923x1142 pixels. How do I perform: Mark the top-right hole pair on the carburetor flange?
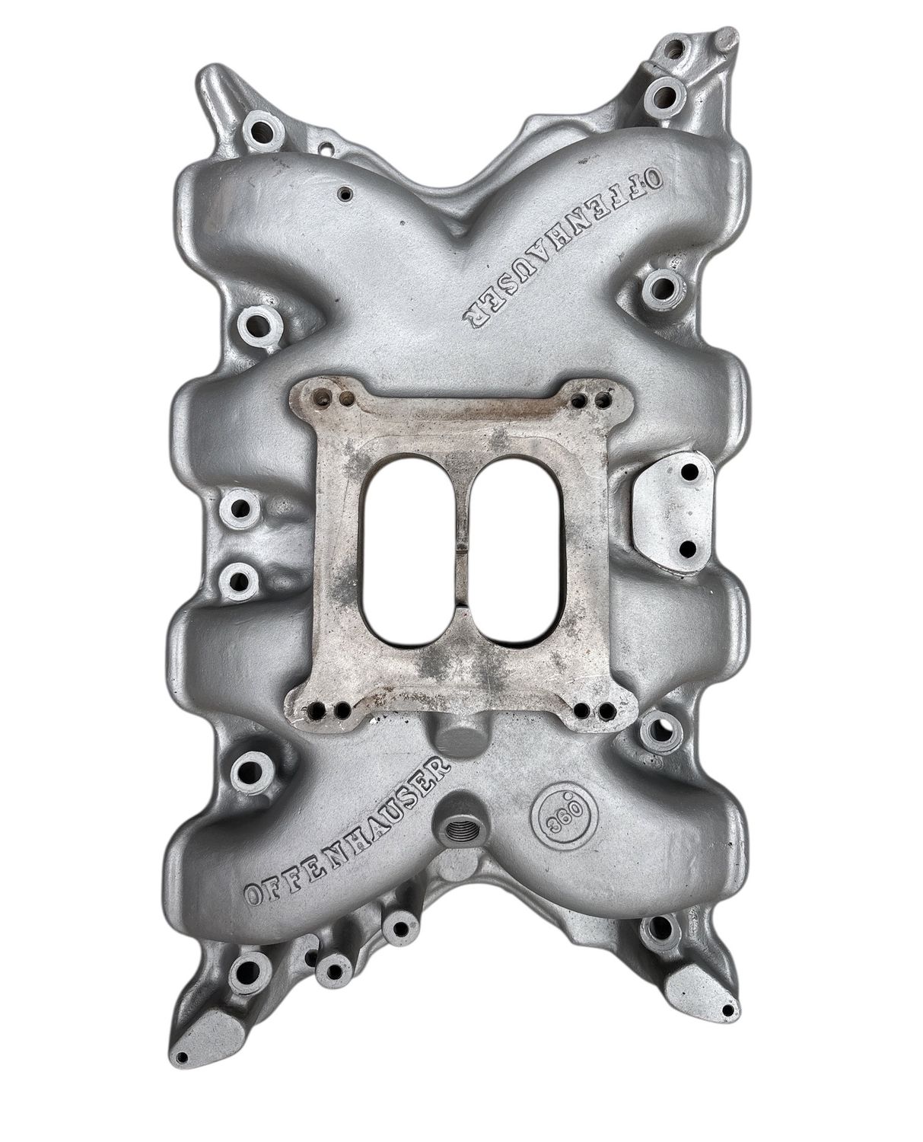pyautogui.click(x=594, y=397)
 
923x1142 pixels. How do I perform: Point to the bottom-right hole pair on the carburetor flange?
pyautogui.click(x=596, y=712)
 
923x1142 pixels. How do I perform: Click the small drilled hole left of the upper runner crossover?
pyautogui.click(x=346, y=193)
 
